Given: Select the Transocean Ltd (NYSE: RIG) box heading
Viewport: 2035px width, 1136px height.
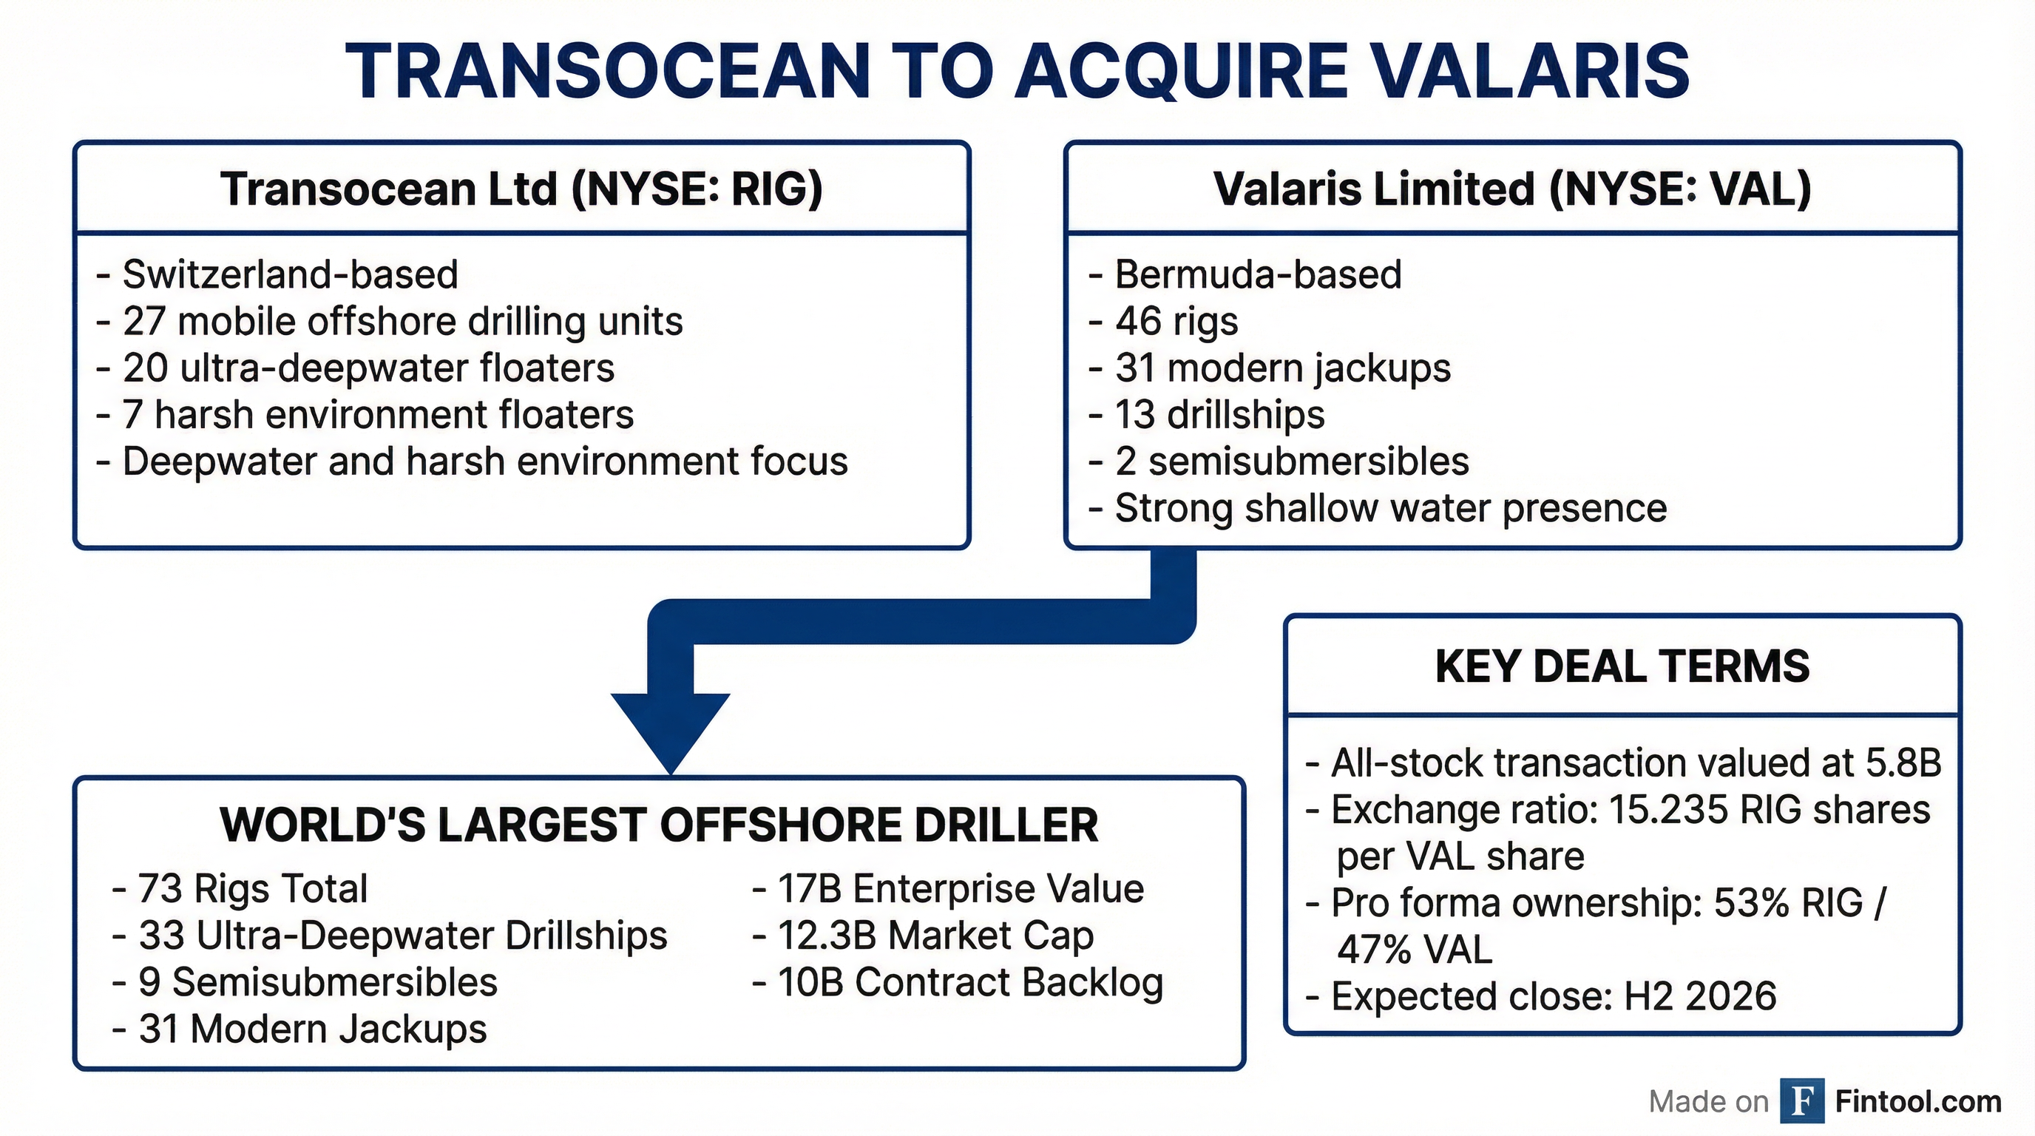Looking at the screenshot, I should click(521, 189).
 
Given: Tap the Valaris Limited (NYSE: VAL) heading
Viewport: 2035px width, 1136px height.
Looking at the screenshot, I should click(1512, 189).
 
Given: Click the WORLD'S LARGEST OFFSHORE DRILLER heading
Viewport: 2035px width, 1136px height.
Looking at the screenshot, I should click(659, 825).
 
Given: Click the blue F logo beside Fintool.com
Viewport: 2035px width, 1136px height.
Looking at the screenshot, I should click(1802, 1100).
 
